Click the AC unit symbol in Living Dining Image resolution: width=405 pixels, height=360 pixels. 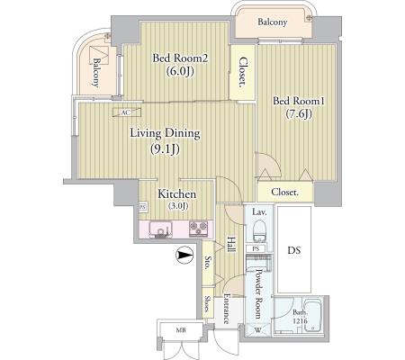click(127, 112)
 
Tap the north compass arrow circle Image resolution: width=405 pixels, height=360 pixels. click(184, 255)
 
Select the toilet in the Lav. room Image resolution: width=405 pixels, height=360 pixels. click(259, 230)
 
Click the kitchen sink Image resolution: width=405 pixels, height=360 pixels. click(161, 229)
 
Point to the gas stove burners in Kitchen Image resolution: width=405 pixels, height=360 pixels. click(198, 229)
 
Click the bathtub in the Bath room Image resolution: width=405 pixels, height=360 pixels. click(312, 315)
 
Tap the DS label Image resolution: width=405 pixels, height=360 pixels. click(294, 250)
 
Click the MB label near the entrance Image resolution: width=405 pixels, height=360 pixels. click(181, 330)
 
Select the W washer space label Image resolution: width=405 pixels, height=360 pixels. click(257, 330)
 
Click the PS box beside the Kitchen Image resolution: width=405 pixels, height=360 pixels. click(142, 207)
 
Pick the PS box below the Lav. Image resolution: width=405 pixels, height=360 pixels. click(256, 248)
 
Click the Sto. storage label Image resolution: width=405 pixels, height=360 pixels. click(207, 263)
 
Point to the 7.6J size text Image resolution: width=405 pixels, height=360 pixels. click(298, 114)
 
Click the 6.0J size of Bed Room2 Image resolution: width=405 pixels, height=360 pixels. click(180, 71)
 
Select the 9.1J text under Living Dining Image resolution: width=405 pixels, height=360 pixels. click(165, 149)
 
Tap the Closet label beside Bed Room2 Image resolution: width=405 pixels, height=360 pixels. click(242, 72)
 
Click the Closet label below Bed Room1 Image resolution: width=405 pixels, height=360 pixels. click(284, 192)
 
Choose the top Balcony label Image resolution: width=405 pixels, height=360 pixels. click(273, 22)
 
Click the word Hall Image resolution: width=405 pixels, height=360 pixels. click(230, 245)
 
